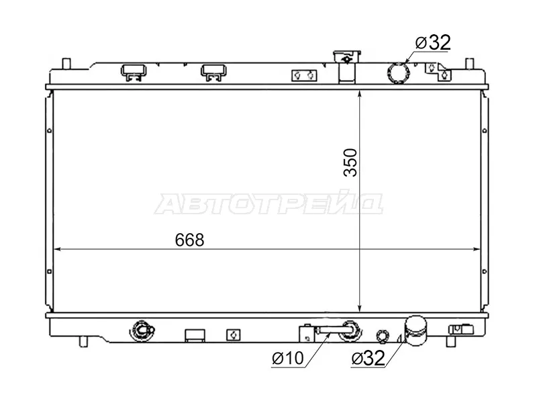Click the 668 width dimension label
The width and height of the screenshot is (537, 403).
coord(189,240)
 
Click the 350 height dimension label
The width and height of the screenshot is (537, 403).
coord(350,163)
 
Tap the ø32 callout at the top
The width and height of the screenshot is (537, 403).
coord(433,42)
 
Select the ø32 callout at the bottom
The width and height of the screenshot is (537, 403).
coord(368,359)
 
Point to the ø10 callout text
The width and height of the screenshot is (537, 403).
coord(288,359)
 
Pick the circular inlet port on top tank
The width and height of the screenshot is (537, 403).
coord(398,73)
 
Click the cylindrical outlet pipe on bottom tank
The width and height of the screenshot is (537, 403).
coord(416,330)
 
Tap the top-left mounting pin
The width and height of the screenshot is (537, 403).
coord(66,64)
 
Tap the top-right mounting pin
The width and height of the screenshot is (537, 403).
coord(469,64)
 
